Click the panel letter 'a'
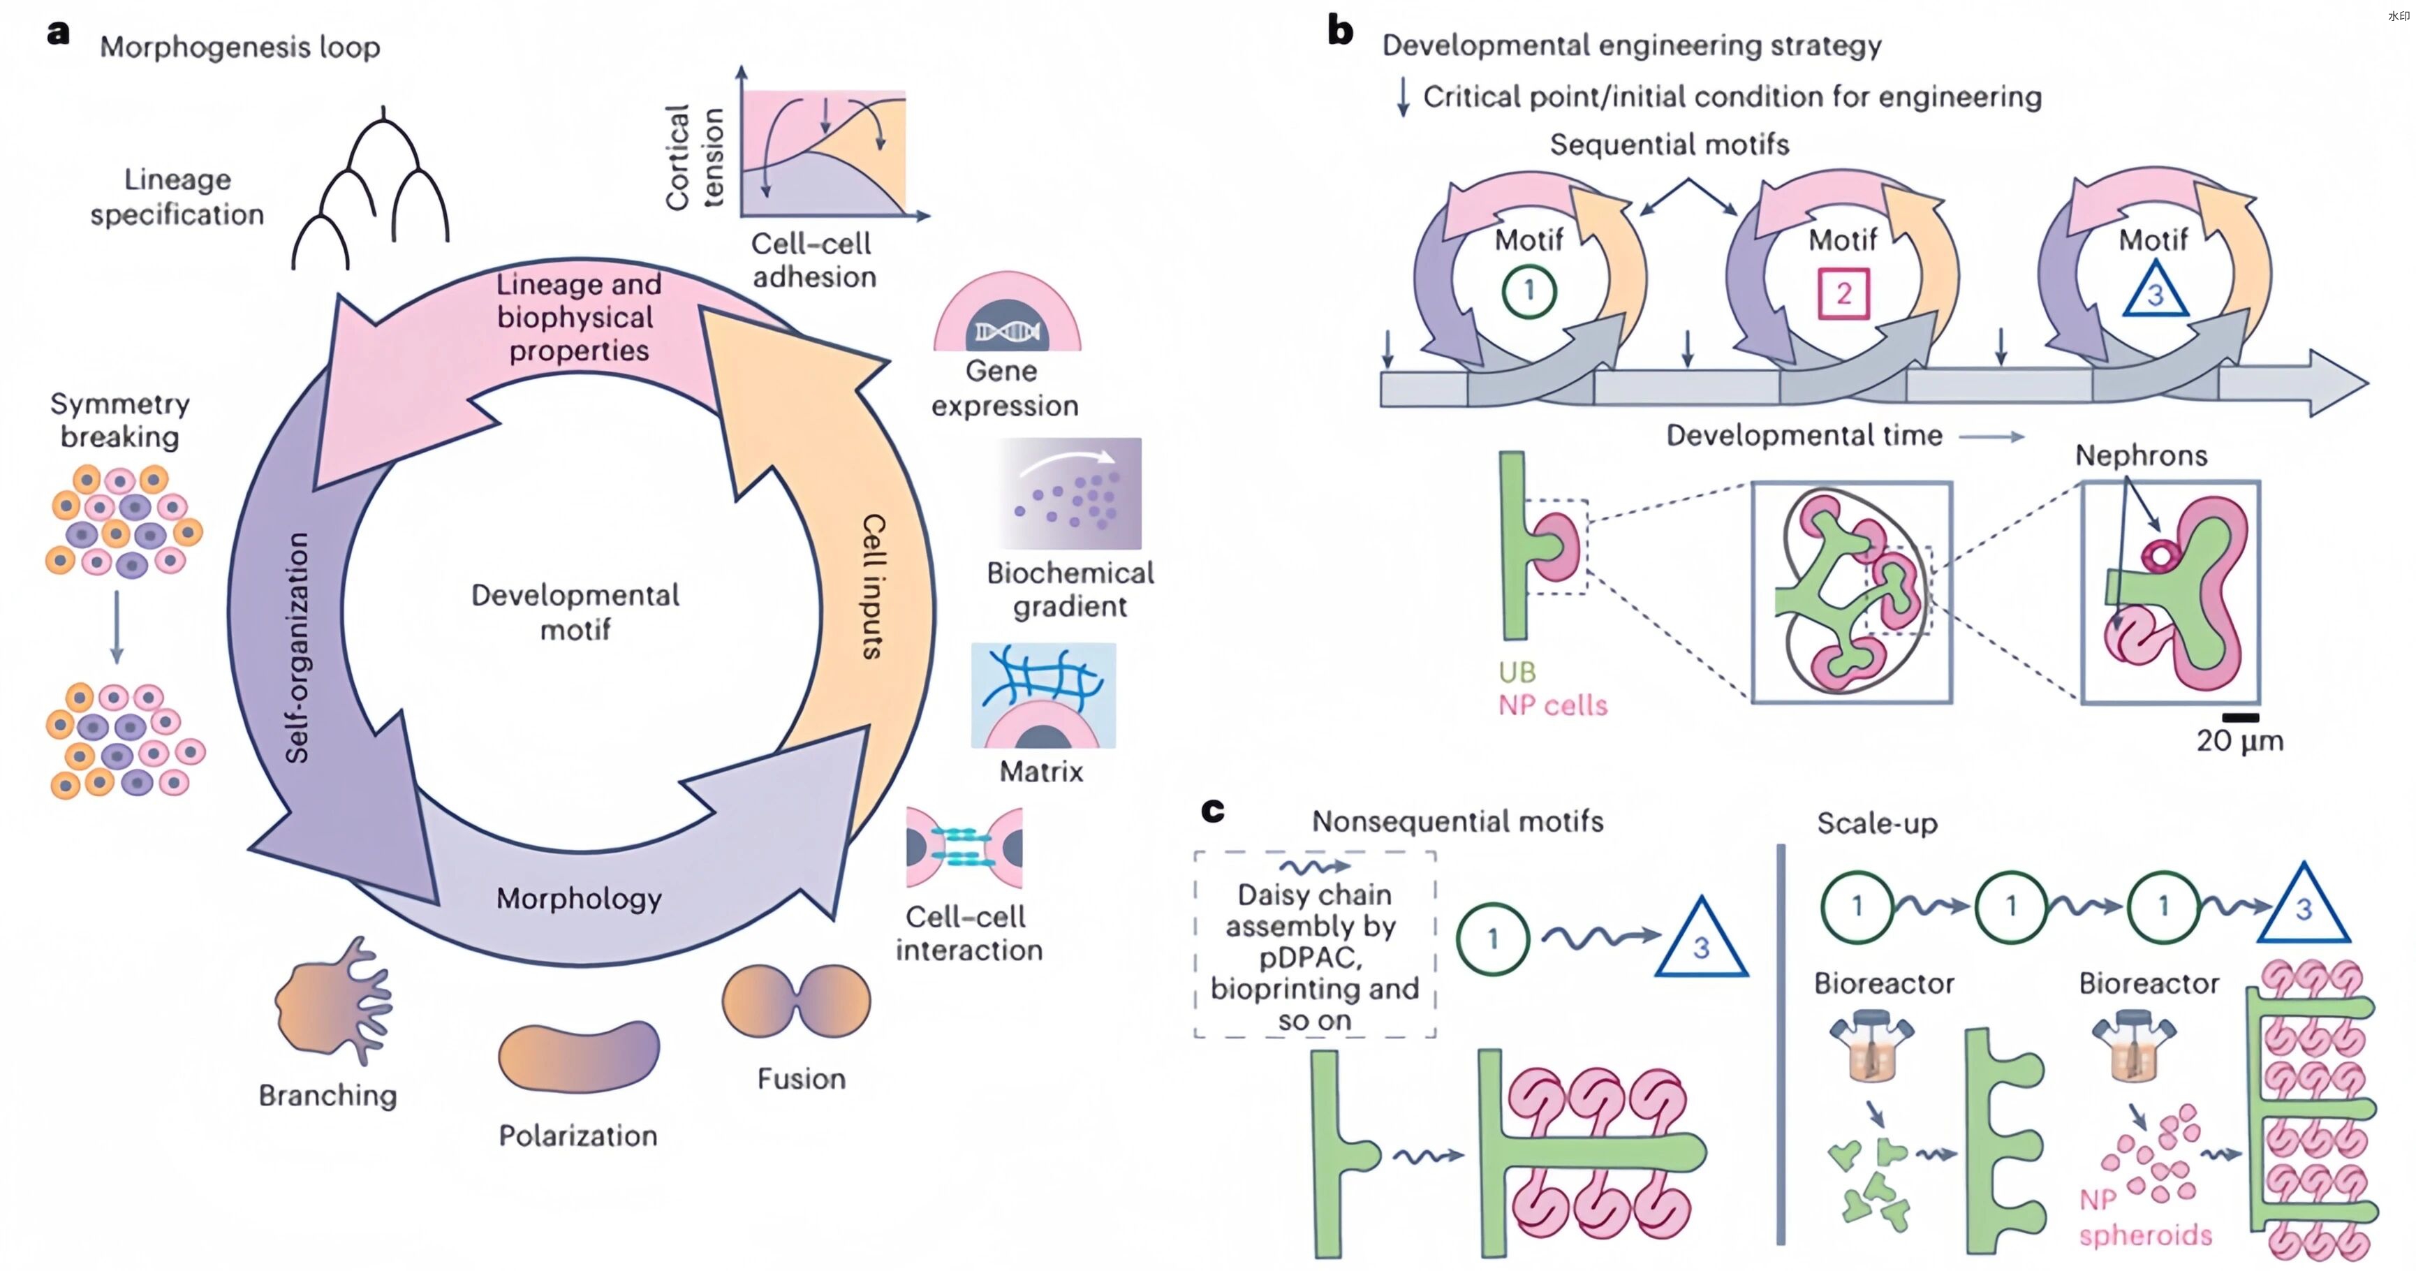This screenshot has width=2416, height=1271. click(58, 34)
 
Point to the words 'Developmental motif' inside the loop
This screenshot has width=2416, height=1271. click(575, 612)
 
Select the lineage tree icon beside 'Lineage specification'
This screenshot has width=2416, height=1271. click(371, 192)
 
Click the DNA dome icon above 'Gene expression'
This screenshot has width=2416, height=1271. click(1006, 314)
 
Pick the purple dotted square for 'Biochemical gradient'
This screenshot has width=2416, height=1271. click(1070, 494)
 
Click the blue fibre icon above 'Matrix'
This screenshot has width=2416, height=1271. click(1043, 695)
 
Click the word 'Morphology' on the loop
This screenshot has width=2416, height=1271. click(579, 899)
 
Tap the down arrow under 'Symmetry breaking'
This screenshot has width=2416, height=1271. click(117, 626)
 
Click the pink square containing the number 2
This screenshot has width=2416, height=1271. click(1843, 293)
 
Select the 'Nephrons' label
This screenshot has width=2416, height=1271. click(2140, 456)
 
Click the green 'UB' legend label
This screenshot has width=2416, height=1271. click(1517, 672)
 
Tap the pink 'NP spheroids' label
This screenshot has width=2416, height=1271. click(2145, 1217)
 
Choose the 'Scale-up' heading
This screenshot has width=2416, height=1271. click(1877, 823)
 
